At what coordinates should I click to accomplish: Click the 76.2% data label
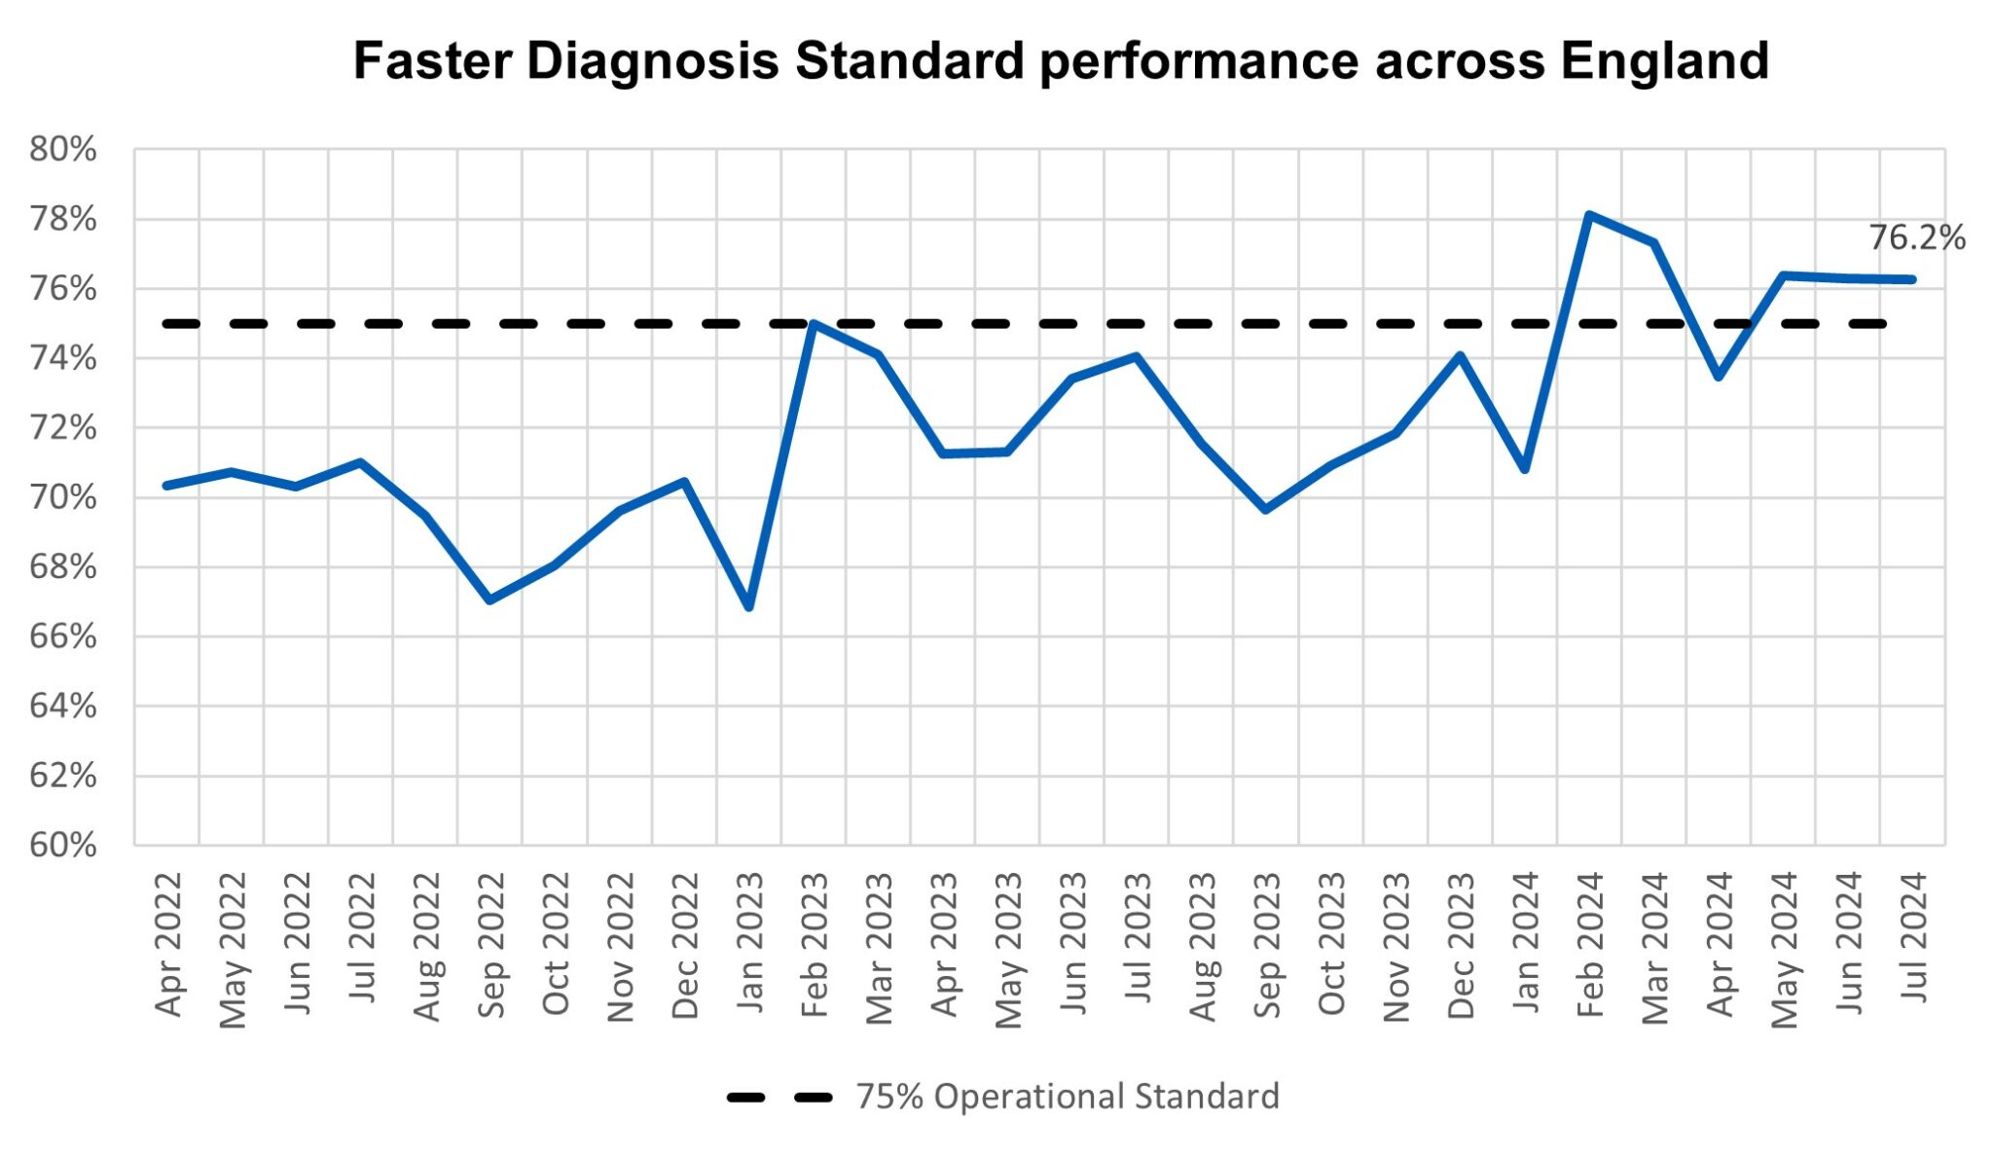tap(1916, 237)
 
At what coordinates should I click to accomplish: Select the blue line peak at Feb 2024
tap(1588, 214)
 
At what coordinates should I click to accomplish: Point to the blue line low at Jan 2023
tap(748, 607)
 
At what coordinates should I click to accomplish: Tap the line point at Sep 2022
tap(489, 599)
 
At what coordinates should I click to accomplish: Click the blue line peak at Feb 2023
tap(813, 323)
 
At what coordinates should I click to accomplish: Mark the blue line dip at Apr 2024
tap(1719, 377)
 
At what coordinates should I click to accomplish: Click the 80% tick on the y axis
tap(63, 150)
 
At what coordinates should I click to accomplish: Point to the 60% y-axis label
tap(63, 845)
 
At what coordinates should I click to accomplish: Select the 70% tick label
tap(63, 497)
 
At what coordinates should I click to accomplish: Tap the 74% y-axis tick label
tap(63, 359)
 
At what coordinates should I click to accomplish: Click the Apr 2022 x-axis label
tap(168, 944)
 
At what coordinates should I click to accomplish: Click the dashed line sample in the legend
tap(779, 1098)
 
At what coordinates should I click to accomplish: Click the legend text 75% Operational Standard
tap(1067, 1097)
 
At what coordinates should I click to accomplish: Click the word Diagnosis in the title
tap(652, 60)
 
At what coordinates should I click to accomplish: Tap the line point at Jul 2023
tap(1136, 356)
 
